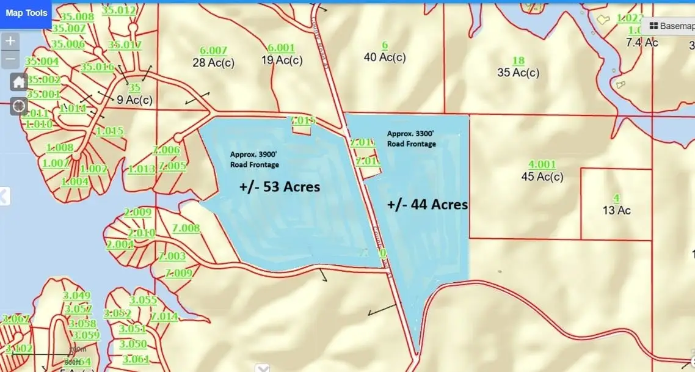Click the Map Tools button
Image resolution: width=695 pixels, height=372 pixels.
(x=27, y=13)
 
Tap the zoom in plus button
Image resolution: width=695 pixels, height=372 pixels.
(x=10, y=42)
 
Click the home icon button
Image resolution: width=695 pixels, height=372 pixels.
(x=19, y=81)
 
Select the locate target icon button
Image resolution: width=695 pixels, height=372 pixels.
(x=19, y=106)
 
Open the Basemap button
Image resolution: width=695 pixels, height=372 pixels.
(x=671, y=26)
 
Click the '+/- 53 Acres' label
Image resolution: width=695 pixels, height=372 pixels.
(x=278, y=187)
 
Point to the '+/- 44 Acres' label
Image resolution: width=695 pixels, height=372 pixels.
(x=428, y=205)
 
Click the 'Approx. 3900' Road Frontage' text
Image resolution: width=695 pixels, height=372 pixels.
(x=254, y=160)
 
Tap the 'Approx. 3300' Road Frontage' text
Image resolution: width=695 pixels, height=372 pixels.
(x=412, y=139)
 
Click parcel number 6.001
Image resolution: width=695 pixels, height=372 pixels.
(x=281, y=48)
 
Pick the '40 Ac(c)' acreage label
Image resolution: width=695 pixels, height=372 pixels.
(x=385, y=57)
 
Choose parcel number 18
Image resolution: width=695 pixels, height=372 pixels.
(x=518, y=60)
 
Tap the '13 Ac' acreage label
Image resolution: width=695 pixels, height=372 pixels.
(x=616, y=211)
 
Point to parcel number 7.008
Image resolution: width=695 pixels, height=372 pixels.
(x=186, y=228)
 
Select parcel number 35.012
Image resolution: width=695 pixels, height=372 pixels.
(x=118, y=10)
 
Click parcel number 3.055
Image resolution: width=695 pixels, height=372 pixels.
(x=144, y=300)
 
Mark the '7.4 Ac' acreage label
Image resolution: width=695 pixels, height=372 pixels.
(x=642, y=42)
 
